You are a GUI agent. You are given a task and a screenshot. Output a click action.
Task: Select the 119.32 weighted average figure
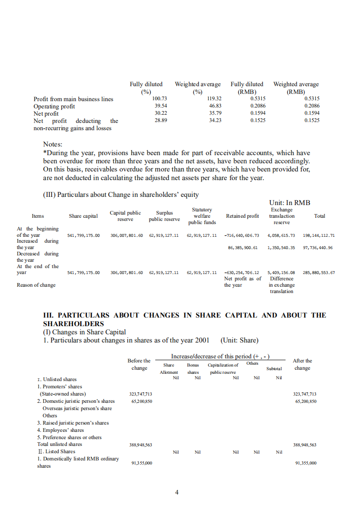[x=214, y=99]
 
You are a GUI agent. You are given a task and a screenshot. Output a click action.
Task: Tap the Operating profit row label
[x=54, y=106]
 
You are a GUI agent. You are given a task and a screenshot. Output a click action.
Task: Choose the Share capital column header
[x=83, y=216]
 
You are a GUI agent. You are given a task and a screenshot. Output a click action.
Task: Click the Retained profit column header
[x=242, y=216]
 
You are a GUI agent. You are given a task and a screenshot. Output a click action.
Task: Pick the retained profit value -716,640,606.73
[x=242, y=235]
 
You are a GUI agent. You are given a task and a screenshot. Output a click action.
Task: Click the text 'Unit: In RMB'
[x=290, y=203]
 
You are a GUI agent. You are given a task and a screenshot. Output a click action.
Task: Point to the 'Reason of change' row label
[x=36, y=285]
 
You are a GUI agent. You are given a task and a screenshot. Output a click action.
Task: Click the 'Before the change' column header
[x=139, y=364]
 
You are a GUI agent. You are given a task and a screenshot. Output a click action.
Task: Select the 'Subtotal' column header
[x=274, y=369]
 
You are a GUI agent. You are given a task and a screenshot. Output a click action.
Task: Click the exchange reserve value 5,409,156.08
[x=281, y=273]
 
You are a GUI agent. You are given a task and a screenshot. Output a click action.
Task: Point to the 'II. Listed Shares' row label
[x=56, y=451]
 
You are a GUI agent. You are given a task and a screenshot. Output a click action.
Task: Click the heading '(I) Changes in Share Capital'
[x=84, y=332]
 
